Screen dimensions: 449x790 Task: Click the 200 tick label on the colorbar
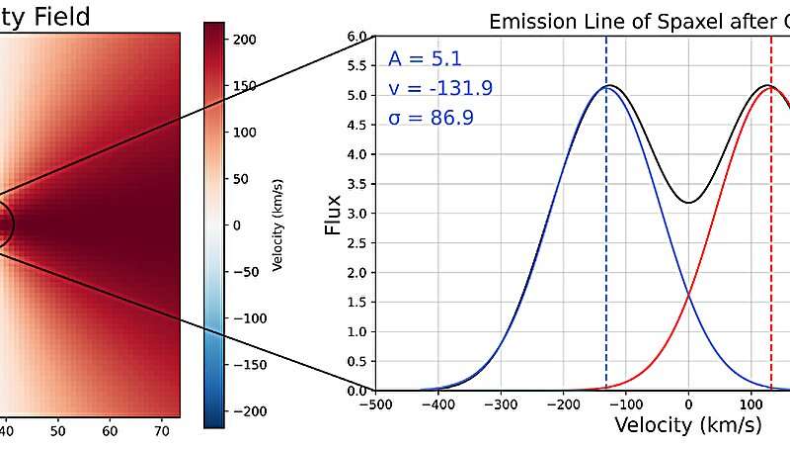[x=245, y=40]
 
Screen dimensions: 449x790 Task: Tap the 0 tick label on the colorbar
[x=236, y=224]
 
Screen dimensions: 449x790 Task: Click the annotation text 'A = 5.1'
[x=418, y=58]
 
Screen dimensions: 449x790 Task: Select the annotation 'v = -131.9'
[x=440, y=89]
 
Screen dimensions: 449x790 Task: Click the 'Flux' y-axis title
[x=334, y=213]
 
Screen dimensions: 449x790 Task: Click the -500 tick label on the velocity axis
[x=374, y=404]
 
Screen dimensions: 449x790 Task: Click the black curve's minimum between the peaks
[x=688, y=203]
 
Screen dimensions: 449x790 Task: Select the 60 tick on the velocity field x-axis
[x=110, y=431]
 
